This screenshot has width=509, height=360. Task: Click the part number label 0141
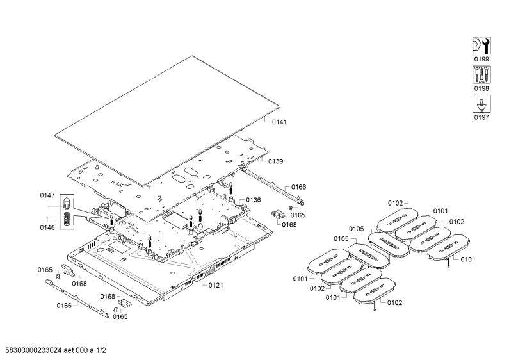[x=279, y=122]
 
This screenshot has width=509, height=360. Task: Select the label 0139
[x=275, y=161]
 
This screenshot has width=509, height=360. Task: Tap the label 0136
[x=253, y=200]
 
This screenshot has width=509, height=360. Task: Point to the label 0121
[x=216, y=285]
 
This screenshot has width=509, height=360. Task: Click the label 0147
[x=47, y=195]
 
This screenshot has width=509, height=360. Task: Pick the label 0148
[x=47, y=227]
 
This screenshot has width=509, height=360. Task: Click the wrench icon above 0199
[x=481, y=45]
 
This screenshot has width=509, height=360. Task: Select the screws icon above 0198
[x=481, y=75]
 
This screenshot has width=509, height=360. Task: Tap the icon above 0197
[x=481, y=104]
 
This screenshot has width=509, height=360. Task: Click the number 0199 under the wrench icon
[x=481, y=59]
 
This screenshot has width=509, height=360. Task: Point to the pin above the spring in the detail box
[x=66, y=204]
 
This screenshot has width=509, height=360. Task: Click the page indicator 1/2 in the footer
[x=101, y=350]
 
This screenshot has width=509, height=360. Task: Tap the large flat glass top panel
[x=167, y=121]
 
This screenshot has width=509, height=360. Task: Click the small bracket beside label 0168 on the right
[x=277, y=214]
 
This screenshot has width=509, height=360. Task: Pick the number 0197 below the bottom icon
[x=481, y=117]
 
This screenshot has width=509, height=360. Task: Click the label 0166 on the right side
[x=298, y=187]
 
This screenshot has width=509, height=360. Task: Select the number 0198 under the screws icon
[x=481, y=88]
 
